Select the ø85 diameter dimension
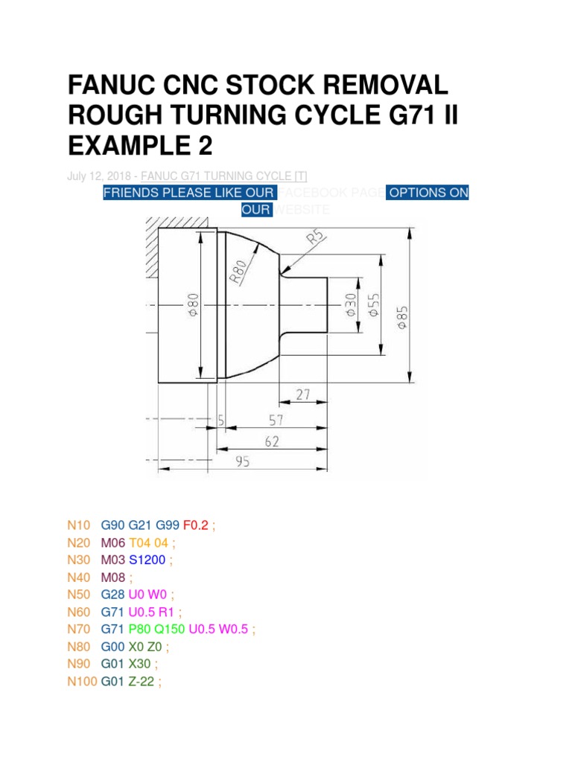[403, 315]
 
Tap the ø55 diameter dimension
[375, 305]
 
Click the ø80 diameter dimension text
[193, 305]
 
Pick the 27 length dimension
[302, 395]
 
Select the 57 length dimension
[276, 420]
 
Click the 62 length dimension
[271, 441]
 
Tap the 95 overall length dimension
[243, 461]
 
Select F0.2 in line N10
[197, 525]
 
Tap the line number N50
[79, 595]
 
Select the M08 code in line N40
[112, 577]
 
